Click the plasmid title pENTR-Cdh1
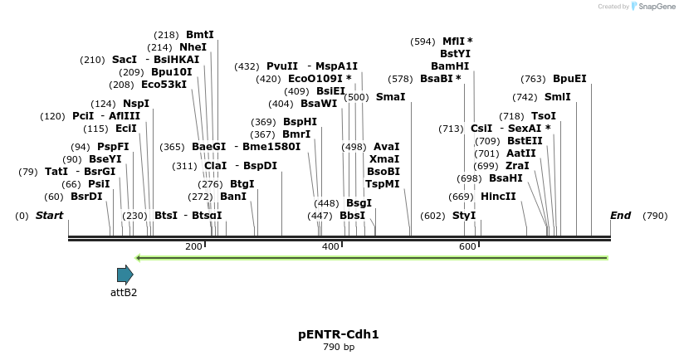[x=338, y=334]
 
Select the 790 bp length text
[x=338, y=347]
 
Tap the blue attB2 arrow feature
[x=125, y=275]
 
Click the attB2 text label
[x=124, y=292]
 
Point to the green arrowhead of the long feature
[x=139, y=257]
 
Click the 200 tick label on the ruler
[x=193, y=246]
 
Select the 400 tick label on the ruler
[x=330, y=246]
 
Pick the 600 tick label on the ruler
[x=467, y=246]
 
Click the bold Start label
[x=49, y=216]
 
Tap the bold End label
[x=620, y=216]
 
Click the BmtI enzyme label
[x=199, y=35]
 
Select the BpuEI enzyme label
[x=569, y=79]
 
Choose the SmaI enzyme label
[x=390, y=97]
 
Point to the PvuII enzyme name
[x=282, y=66]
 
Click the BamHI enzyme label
[x=449, y=66]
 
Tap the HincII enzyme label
[x=498, y=197]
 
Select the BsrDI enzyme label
[x=86, y=197]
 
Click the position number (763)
[x=533, y=79]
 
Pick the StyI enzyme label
[x=464, y=216]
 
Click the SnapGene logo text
[x=655, y=7]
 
